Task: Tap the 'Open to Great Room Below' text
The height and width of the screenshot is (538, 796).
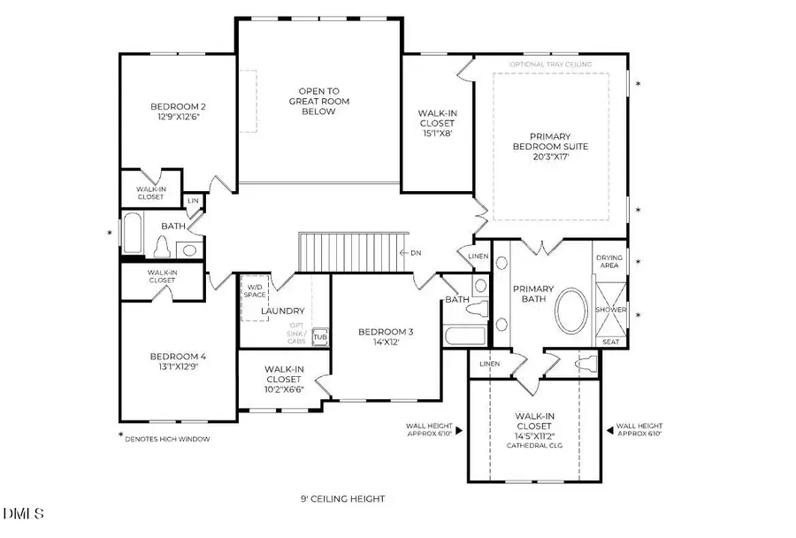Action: (x=318, y=101)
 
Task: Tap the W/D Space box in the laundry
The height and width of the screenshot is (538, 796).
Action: (x=254, y=291)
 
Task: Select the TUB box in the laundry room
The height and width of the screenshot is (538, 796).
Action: (x=320, y=338)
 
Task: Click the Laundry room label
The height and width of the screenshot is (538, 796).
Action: (x=283, y=311)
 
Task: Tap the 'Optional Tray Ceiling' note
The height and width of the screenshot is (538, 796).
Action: (x=550, y=64)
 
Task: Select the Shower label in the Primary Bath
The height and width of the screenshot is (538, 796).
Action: (x=611, y=311)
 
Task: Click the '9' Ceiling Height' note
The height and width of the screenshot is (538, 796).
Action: (x=342, y=499)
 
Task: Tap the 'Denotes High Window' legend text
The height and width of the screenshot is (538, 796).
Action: (x=168, y=438)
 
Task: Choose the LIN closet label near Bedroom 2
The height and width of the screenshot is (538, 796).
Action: (x=193, y=202)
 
